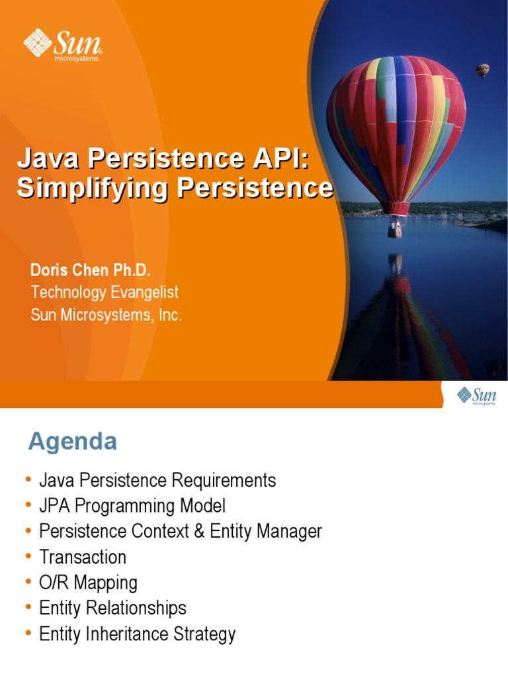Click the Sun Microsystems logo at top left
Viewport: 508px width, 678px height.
click(63, 44)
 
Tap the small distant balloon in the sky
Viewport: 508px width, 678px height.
click(483, 70)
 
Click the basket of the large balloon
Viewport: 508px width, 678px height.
click(395, 228)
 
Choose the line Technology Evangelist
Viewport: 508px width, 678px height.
click(105, 292)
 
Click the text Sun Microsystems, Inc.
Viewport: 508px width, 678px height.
click(106, 315)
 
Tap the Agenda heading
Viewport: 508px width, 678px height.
click(73, 442)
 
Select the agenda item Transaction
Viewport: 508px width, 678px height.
click(83, 557)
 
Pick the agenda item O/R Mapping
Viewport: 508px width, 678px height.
click(88, 583)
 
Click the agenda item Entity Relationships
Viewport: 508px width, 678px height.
click(113, 608)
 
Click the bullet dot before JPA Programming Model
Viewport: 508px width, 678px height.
click(28, 505)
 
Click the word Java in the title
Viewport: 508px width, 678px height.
click(50, 159)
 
